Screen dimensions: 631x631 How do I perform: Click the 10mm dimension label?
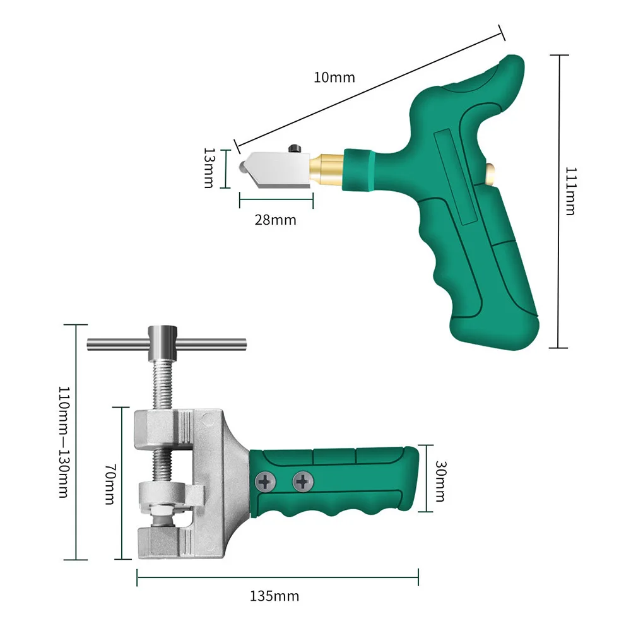click(x=334, y=77)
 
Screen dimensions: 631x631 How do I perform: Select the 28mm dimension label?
click(x=275, y=220)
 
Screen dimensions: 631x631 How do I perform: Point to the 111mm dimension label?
click(x=571, y=192)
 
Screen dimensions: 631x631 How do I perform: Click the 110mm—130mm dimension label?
click(x=64, y=442)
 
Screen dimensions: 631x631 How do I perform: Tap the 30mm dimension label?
click(x=440, y=481)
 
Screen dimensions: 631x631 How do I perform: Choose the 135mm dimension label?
click(x=274, y=596)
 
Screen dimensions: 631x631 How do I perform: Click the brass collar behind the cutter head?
click(x=327, y=169)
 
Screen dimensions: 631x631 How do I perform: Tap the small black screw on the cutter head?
click(x=295, y=148)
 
